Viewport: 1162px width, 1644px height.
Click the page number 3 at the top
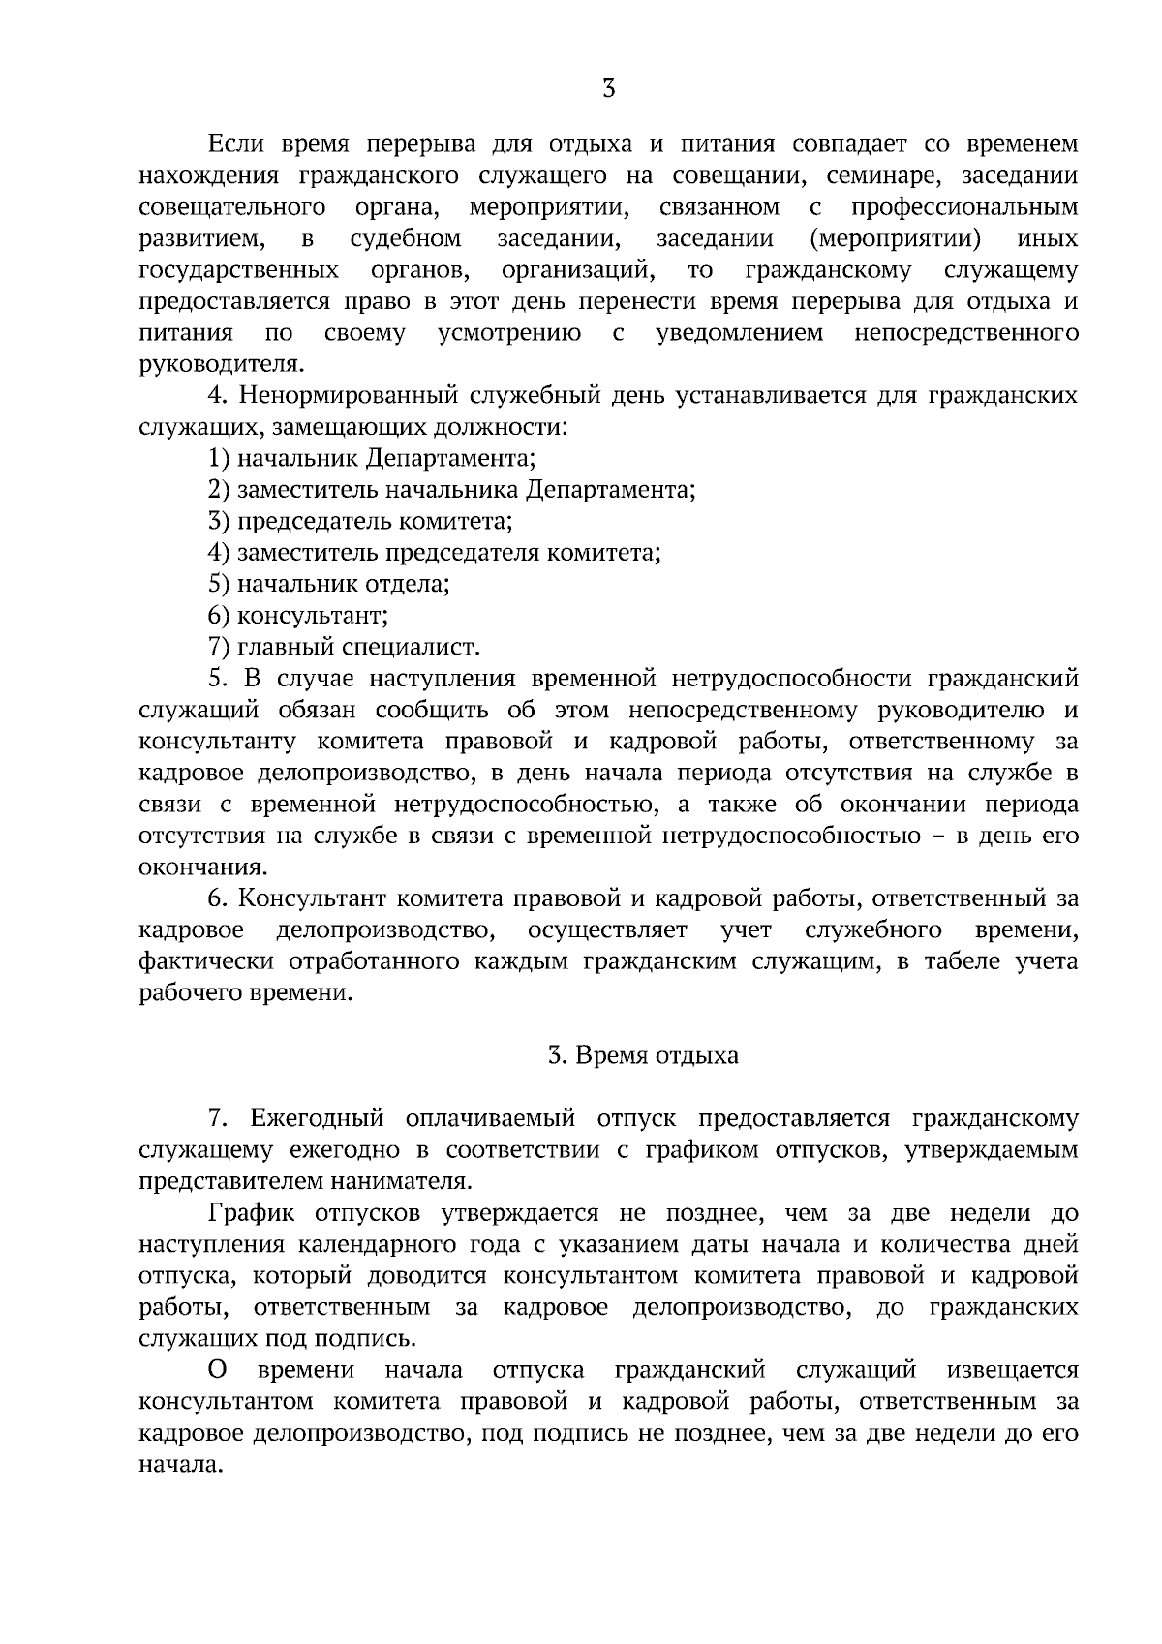608,89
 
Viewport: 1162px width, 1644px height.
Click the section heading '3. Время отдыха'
643,1055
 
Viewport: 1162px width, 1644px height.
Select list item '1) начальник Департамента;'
372,459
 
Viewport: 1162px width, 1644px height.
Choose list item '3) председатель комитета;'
360,522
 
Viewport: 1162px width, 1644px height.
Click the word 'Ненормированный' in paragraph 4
349,396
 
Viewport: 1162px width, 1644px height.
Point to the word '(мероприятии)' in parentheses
893,239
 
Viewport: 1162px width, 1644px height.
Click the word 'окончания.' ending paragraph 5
201,868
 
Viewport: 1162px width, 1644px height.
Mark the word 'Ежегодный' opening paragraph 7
316,1119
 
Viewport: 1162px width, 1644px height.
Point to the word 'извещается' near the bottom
1012,1371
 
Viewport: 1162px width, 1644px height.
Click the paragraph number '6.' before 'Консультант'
218,899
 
